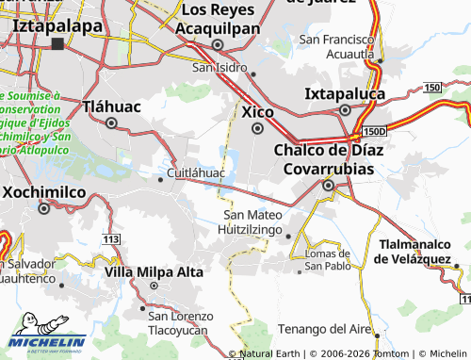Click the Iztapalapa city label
point(57,25)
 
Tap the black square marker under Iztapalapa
point(58,43)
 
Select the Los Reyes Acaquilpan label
point(218,19)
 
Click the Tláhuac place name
point(111,106)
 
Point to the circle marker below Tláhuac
point(111,123)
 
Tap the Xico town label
point(257,111)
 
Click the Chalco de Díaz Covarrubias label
point(324,159)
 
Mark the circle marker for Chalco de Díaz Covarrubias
point(328,186)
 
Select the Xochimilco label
point(44,191)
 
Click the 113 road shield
point(112,239)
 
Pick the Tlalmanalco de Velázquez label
point(414,252)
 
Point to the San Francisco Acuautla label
point(336,47)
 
